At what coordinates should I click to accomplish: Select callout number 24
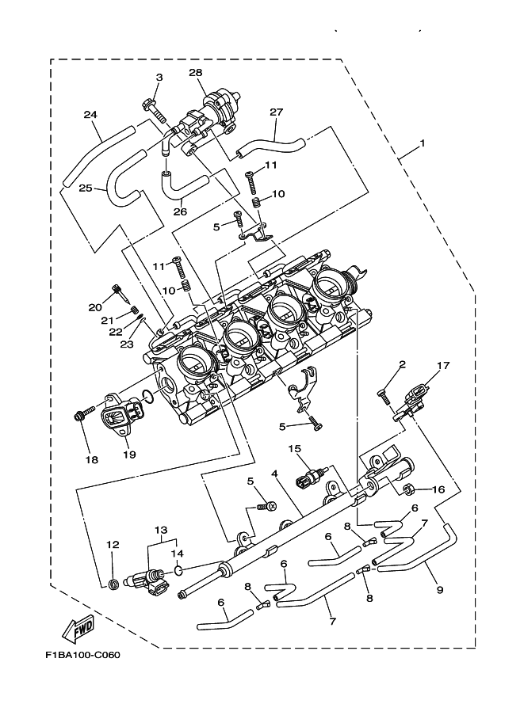[90, 115]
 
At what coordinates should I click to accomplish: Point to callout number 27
[276, 112]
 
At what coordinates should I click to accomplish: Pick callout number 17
[442, 365]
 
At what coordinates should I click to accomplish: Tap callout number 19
[130, 454]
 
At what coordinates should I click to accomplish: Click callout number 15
[295, 449]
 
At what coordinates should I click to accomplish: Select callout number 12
[112, 544]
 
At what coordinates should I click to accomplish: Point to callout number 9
[439, 589]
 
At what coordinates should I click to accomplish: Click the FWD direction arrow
[77, 630]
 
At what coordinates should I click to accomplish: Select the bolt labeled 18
[82, 414]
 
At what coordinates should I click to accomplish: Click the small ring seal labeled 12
[113, 584]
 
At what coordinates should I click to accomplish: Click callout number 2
[402, 365]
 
